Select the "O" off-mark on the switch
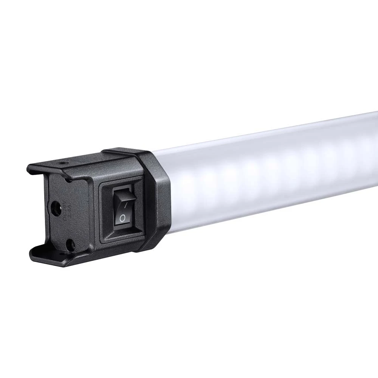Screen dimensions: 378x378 click(122, 218)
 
